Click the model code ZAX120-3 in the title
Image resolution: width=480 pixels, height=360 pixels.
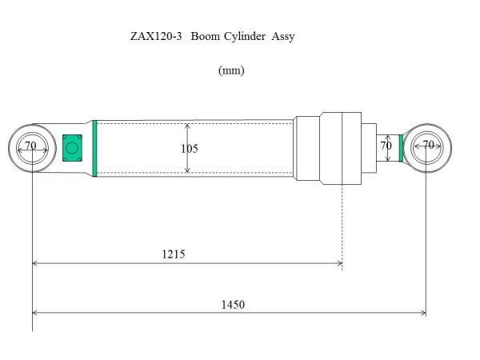(x=154, y=37)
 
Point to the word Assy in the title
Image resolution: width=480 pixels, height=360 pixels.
(x=283, y=37)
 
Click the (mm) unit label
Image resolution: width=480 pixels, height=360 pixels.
(x=231, y=70)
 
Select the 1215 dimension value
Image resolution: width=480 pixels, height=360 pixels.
(x=173, y=254)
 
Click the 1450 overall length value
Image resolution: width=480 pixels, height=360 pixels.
(x=234, y=305)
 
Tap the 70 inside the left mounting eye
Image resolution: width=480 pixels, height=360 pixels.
(x=30, y=146)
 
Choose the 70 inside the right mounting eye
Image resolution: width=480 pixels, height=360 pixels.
(x=428, y=146)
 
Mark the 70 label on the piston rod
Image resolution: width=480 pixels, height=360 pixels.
(x=386, y=146)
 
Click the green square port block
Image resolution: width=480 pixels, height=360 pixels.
(x=72, y=147)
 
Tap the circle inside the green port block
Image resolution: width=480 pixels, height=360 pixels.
(x=72, y=147)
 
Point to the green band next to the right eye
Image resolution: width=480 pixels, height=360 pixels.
(x=402, y=148)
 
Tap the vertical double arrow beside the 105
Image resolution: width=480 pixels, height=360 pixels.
(x=187, y=148)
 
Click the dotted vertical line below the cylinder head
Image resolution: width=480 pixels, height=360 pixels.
(x=342, y=224)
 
